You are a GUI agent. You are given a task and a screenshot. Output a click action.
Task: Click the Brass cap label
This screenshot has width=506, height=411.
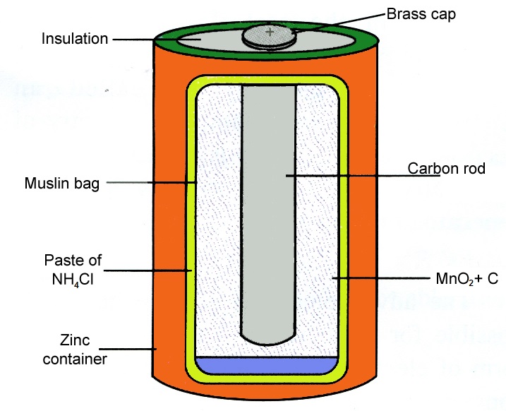[x=421, y=15]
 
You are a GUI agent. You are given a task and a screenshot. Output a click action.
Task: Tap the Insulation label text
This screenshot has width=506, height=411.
[x=75, y=39]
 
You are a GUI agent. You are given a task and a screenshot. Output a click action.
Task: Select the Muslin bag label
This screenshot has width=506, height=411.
[x=62, y=184]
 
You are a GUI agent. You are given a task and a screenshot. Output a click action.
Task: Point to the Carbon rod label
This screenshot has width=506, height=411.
[x=446, y=169]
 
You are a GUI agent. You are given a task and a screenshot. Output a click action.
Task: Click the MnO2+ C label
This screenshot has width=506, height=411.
[x=467, y=279]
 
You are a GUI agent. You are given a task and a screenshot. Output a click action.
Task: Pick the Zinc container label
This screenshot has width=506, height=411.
[x=75, y=350]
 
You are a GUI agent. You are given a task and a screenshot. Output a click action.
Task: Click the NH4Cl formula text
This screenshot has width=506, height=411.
[x=73, y=279]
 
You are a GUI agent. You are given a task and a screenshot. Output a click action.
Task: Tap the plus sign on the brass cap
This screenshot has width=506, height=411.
[x=270, y=32]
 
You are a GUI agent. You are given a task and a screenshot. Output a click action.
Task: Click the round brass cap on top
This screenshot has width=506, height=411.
[x=269, y=37]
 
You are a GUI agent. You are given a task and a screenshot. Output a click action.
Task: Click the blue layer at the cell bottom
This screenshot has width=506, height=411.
[x=267, y=366]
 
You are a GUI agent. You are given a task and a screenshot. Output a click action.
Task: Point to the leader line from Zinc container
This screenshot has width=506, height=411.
[x=128, y=349]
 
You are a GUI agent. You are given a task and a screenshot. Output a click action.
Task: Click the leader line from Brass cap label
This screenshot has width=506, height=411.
[x=339, y=23]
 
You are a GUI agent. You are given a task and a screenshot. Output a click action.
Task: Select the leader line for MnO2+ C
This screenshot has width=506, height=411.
[x=381, y=278]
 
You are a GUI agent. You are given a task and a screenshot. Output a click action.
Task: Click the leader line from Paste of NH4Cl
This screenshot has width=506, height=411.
[x=147, y=270]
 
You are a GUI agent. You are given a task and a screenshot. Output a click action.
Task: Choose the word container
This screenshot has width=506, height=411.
[x=75, y=359]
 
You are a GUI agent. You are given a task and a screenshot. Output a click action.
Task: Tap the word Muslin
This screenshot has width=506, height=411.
[x=47, y=183]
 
